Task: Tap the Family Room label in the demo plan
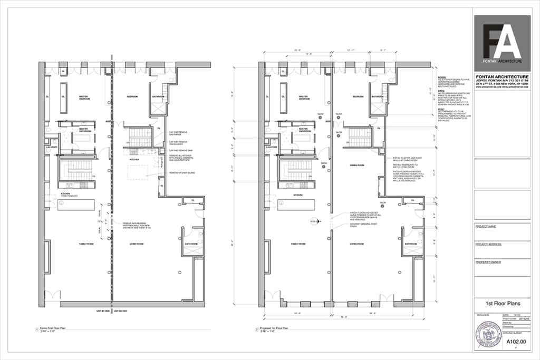pos(86,244)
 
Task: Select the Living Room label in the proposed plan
pos(358,244)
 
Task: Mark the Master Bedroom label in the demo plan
pos(83,98)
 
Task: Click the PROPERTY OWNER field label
pos(488,262)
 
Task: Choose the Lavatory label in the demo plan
pos(51,147)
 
